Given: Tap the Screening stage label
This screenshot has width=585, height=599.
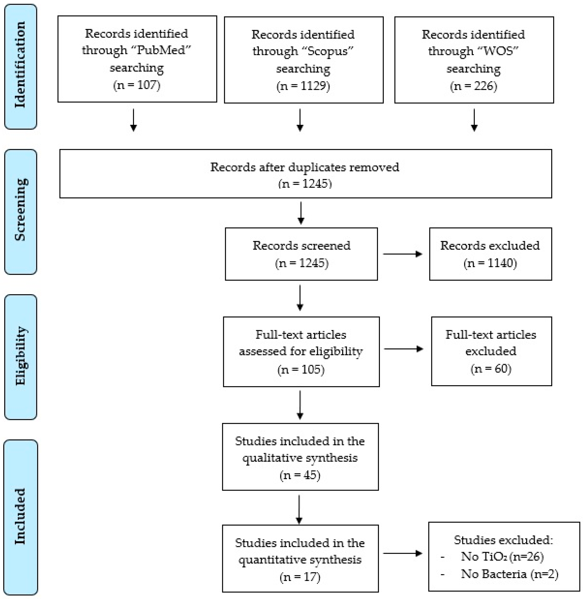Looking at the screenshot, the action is click(20, 210).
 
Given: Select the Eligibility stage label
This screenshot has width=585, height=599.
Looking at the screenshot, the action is click(20, 356).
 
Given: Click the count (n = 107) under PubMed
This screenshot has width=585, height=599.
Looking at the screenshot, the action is click(137, 85).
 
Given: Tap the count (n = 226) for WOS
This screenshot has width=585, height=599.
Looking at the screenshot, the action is click(474, 86).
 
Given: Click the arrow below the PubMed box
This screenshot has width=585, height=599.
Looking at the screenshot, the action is click(133, 120).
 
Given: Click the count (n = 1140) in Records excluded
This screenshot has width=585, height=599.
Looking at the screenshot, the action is click(490, 263).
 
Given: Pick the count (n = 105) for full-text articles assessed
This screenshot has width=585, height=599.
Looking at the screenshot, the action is click(301, 369).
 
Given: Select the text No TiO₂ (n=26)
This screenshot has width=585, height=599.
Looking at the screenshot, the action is click(502, 557).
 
